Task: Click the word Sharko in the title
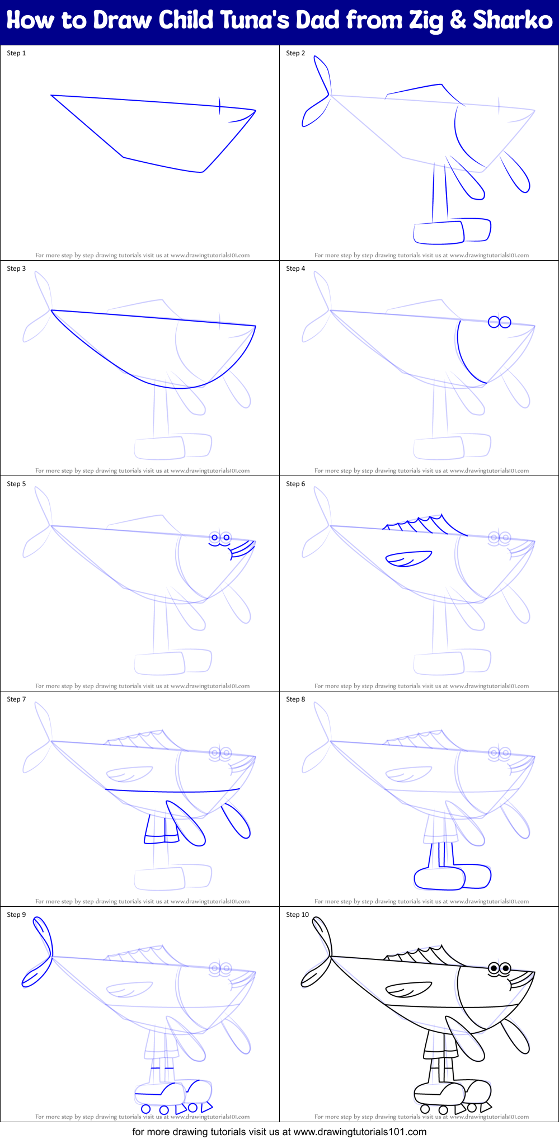click(x=512, y=21)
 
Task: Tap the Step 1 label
click(x=16, y=53)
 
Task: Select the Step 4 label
click(x=295, y=269)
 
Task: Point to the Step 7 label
click(x=16, y=699)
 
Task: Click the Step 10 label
click(x=297, y=915)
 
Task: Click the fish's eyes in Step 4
click(x=499, y=322)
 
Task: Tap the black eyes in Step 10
click(x=499, y=968)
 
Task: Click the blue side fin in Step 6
click(x=408, y=559)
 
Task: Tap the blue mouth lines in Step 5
click(x=242, y=549)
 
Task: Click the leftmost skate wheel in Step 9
click(x=146, y=1108)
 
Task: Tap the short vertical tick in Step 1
click(x=220, y=105)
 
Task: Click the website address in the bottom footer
click(x=360, y=1132)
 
